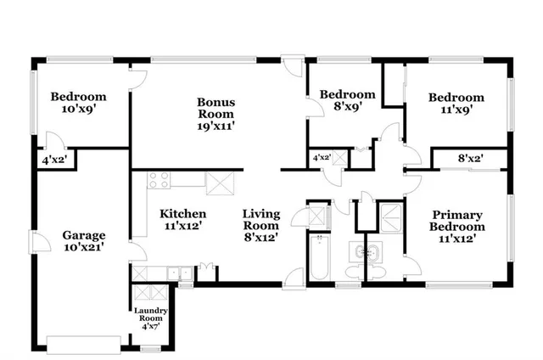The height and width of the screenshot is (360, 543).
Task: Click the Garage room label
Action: click(83, 241)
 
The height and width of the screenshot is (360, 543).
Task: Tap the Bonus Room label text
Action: click(216, 114)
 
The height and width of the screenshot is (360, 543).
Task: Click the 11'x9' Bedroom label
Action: click(456, 103)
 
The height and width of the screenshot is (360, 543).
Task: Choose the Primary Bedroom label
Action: click(457, 227)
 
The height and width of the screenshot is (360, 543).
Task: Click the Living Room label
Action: click(260, 226)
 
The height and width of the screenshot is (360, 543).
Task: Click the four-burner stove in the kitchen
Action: click(159, 179)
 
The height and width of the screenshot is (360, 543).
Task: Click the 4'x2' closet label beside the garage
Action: click(53, 159)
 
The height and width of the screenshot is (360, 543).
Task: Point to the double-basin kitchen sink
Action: click(177, 273)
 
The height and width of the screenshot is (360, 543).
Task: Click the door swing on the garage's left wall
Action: click(37, 245)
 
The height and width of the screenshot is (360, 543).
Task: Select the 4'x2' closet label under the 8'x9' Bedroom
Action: click(321, 158)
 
